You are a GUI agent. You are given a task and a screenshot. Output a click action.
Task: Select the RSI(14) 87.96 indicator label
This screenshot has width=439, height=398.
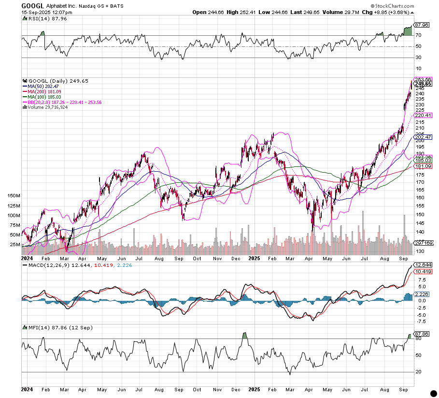tap(41, 18)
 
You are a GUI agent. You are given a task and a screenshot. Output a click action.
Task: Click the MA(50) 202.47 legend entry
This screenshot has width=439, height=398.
tap(44, 87)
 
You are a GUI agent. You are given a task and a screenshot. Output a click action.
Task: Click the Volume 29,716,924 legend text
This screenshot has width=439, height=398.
tap(47, 107)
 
